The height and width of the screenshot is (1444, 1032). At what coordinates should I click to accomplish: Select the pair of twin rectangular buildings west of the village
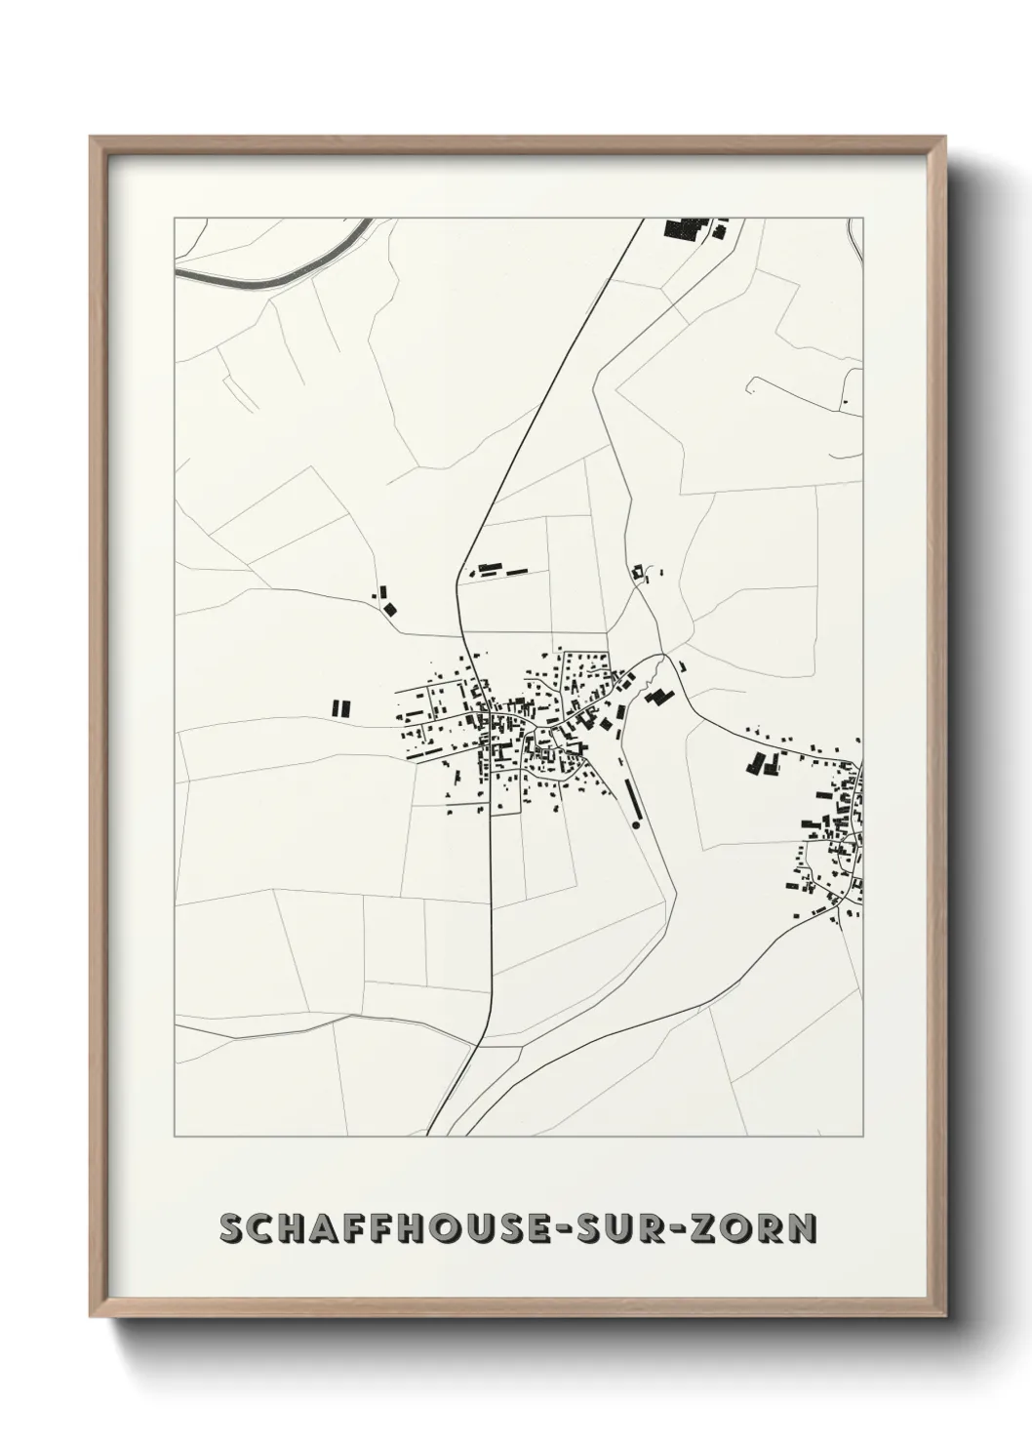339,707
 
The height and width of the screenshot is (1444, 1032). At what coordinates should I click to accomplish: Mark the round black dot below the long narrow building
636,825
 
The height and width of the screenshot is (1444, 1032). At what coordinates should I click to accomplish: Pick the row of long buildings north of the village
497,568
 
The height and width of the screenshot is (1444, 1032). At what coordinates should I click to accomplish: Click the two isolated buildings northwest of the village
387,600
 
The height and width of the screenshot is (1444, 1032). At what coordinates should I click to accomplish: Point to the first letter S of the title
232,1228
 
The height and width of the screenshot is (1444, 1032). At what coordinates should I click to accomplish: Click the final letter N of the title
803,1228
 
